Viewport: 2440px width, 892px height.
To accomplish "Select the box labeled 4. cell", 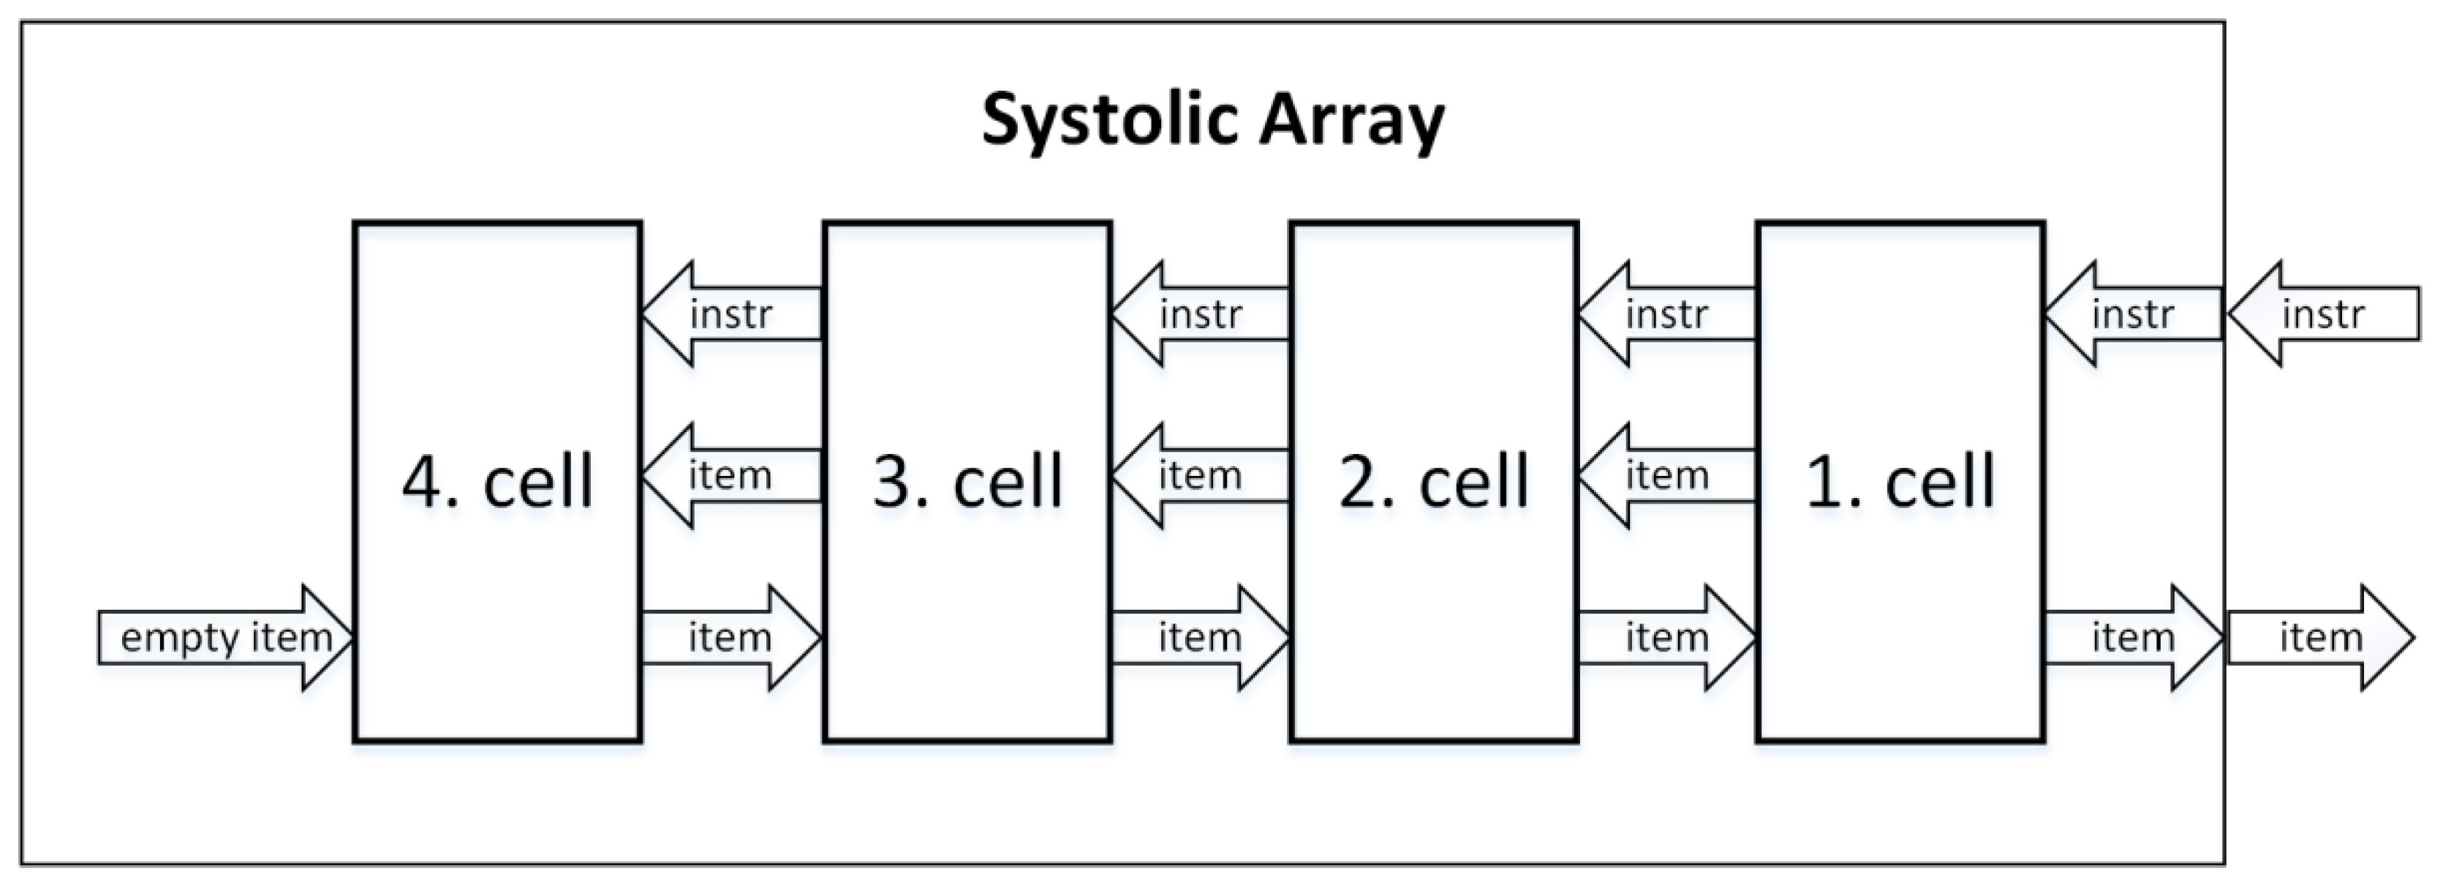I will pyautogui.click(x=497, y=481).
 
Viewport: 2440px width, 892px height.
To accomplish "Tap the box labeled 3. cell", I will pyautogui.click(x=967, y=481).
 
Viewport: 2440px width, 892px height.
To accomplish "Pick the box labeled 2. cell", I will pyautogui.click(x=1433, y=481).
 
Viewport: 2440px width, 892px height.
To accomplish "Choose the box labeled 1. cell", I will pyautogui.click(x=1900, y=481).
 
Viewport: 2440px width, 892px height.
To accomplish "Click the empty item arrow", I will pyautogui.click(x=225, y=638).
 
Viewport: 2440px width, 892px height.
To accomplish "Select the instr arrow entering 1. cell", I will pyautogui.click(x=2133, y=314).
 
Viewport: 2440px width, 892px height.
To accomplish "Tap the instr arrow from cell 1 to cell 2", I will pyautogui.click(x=1667, y=314).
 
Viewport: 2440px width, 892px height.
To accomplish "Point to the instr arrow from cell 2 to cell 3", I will pyautogui.click(x=1200, y=314).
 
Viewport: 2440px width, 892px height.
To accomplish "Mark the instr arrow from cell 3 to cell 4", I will pyautogui.click(x=730, y=314).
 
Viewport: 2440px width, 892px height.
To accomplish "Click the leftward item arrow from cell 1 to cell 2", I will pyautogui.click(x=1667, y=475).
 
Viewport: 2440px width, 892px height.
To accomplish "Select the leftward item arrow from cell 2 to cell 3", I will pyautogui.click(x=1200, y=475).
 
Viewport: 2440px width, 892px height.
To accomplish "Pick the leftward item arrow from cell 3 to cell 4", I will pyautogui.click(x=730, y=475).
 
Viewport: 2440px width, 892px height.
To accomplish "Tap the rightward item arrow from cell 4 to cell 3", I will pyautogui.click(x=730, y=638).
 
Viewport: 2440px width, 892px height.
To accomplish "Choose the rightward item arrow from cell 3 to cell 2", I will pyautogui.click(x=1200, y=638).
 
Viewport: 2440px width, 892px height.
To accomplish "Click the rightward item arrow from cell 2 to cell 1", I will pyautogui.click(x=1667, y=638).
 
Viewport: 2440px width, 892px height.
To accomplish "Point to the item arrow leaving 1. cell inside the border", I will pyautogui.click(x=2133, y=638).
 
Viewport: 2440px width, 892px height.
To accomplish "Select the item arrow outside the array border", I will pyautogui.click(x=2321, y=638).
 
